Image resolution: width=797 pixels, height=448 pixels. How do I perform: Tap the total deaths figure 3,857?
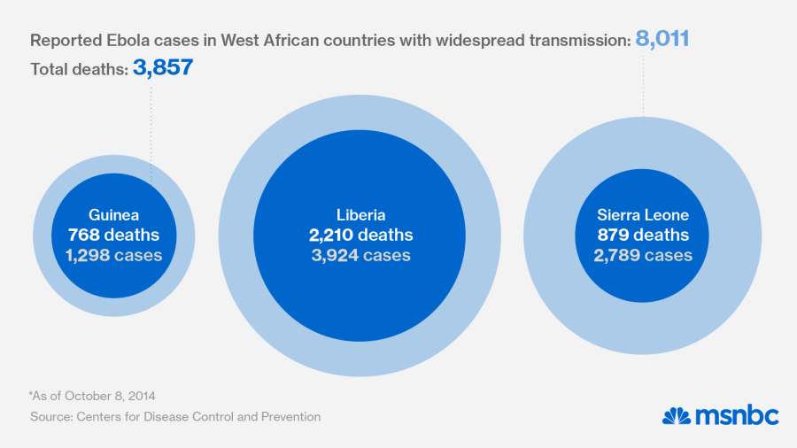(x=163, y=67)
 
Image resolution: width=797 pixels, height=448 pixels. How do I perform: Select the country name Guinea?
(x=113, y=214)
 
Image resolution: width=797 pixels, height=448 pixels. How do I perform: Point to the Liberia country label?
(x=360, y=214)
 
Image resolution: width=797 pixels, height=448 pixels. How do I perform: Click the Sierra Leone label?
(x=643, y=214)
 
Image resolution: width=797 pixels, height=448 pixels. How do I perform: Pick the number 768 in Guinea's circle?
(x=84, y=235)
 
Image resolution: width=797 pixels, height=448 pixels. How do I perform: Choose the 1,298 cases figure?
(x=90, y=255)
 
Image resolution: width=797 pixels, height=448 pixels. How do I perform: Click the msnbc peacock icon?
(x=677, y=415)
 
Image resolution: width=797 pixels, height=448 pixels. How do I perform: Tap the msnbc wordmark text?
(x=736, y=415)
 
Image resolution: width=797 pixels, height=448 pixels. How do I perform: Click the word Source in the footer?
(x=50, y=416)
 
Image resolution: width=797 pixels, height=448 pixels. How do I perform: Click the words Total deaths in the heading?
(x=77, y=68)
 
